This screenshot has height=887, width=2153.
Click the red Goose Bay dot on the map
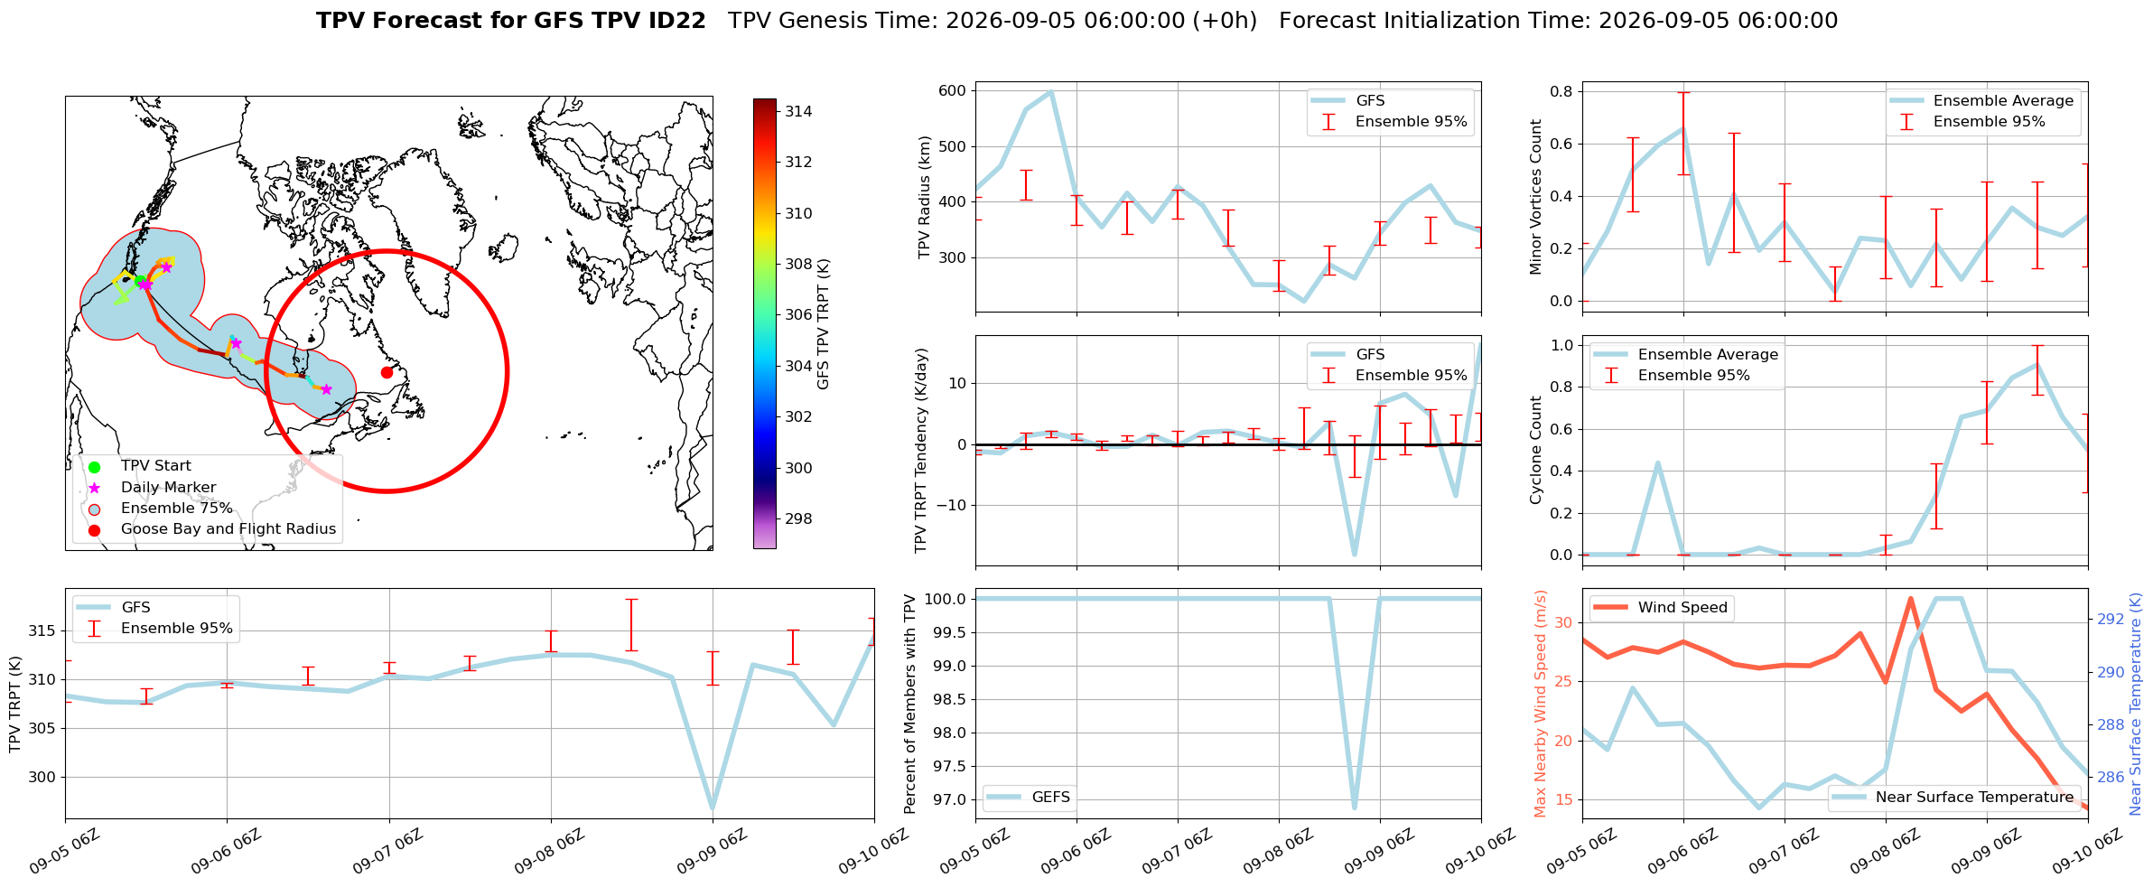[387, 372]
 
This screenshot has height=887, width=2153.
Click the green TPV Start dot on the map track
[140, 280]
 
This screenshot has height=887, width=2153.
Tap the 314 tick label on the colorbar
[798, 112]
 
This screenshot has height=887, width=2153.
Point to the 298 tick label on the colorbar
[798, 519]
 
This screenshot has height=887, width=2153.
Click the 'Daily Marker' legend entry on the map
[168, 488]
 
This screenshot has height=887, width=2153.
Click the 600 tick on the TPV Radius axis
[953, 90]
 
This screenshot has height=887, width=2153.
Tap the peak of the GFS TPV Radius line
[1051, 91]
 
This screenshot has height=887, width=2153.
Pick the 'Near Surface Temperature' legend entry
[1953, 798]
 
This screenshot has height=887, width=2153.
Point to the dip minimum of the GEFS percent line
[1355, 807]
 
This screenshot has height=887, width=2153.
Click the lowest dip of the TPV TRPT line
[713, 808]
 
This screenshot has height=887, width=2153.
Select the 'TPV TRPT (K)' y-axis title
[15, 705]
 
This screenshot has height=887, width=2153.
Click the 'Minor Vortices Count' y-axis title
[1536, 197]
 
